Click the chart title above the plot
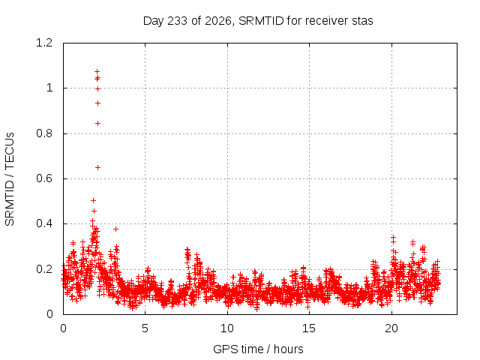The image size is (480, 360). [258, 21]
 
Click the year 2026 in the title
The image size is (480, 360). [217, 21]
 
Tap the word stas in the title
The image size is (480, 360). [362, 21]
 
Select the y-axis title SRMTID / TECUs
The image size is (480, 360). [10, 179]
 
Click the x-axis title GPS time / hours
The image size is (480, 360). [258, 349]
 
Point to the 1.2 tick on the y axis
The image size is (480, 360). [44, 43]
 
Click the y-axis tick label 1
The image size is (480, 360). [49, 88]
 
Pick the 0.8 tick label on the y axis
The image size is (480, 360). [44, 133]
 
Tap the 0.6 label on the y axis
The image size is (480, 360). [44, 178]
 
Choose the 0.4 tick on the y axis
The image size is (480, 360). [44, 223]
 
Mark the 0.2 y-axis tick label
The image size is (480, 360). [44, 269]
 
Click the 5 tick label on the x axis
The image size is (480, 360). [145, 328]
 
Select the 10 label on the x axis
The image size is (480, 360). [227, 328]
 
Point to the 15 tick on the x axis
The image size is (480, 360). [309, 328]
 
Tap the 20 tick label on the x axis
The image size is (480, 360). [391, 328]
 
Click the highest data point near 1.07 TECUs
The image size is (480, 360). [97, 72]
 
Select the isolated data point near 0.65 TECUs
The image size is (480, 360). [97, 167]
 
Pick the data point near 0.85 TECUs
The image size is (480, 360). [97, 123]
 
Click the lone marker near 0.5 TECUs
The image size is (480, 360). [93, 200]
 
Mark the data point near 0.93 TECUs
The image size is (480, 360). [97, 103]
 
